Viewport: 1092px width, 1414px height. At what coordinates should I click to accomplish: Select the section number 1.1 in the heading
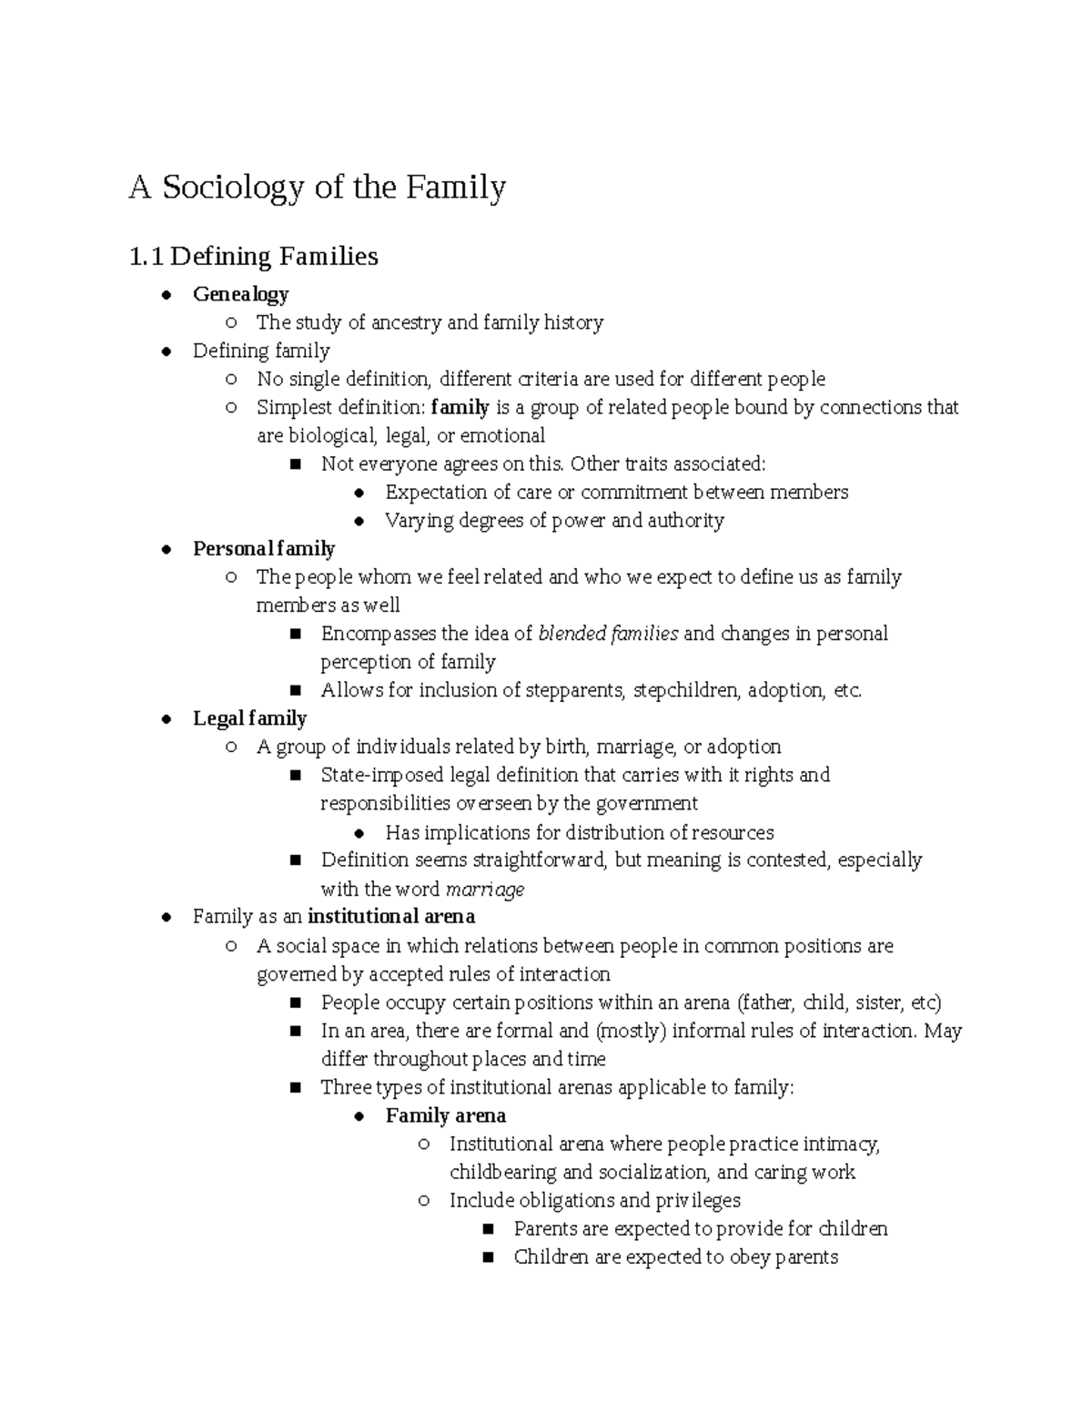click(146, 257)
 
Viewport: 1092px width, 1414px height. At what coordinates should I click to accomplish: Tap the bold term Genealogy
click(240, 294)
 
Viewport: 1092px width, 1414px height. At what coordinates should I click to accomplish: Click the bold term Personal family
click(264, 548)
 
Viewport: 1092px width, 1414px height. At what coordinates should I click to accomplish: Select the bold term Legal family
click(249, 718)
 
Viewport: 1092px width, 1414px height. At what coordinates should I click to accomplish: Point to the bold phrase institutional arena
click(391, 916)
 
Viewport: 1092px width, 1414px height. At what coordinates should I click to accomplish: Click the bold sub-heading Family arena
click(445, 1115)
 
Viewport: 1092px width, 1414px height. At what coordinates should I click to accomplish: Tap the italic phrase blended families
click(608, 634)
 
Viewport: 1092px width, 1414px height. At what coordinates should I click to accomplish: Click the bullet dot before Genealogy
click(166, 294)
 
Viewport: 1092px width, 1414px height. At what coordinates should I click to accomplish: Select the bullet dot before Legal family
click(166, 719)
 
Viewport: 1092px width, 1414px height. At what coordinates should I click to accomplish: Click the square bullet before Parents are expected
click(488, 1229)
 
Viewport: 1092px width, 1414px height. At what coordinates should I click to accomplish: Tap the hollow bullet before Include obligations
click(423, 1201)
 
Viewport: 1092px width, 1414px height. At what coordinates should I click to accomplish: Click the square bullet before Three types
click(295, 1088)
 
